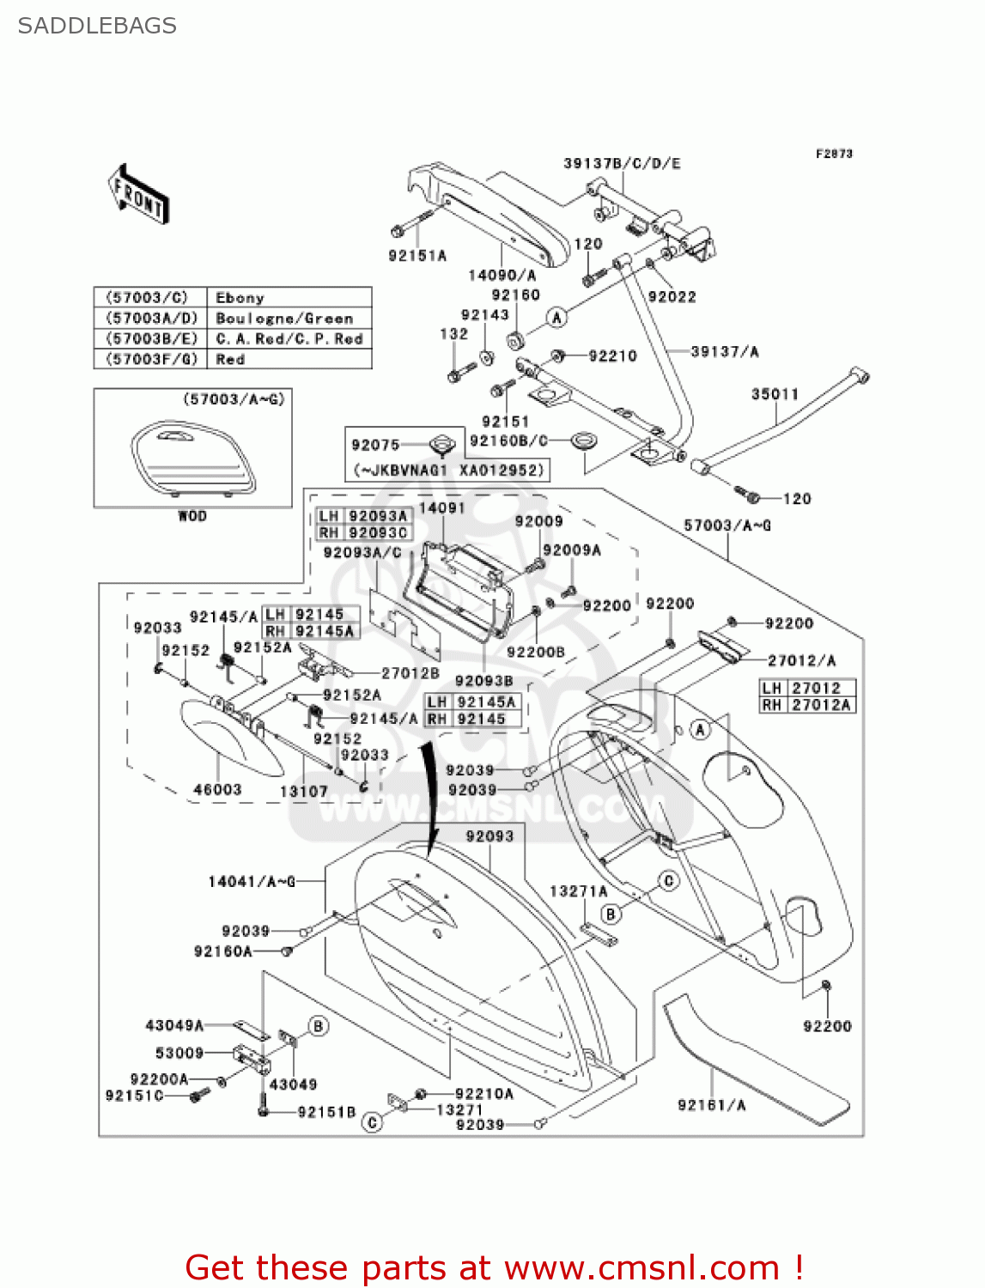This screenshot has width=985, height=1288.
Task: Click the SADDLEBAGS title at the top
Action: pyautogui.click(x=97, y=26)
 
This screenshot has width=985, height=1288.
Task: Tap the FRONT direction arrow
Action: pyautogui.click(x=138, y=195)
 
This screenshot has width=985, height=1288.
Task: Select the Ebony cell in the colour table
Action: pyautogui.click(x=240, y=298)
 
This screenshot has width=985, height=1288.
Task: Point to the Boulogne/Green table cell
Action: pyautogui.click(x=284, y=319)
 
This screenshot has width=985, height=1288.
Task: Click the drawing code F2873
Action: pyautogui.click(x=834, y=154)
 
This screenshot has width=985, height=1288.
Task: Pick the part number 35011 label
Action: pyautogui.click(x=775, y=394)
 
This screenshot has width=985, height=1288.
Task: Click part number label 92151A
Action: pyautogui.click(x=417, y=256)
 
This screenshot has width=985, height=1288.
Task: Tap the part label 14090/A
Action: pyautogui.click(x=502, y=276)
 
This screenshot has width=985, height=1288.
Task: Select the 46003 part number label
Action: pyautogui.click(x=217, y=790)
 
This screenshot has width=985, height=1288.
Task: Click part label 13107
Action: pyautogui.click(x=304, y=792)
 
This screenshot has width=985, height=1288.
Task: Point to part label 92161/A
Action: pyautogui.click(x=711, y=1105)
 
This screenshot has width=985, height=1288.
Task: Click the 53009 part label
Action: pyautogui.click(x=179, y=1053)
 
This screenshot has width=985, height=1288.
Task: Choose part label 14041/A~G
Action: pyautogui.click(x=252, y=882)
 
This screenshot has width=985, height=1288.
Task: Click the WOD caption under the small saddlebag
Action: pyautogui.click(x=192, y=516)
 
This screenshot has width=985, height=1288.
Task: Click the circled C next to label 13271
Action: pyautogui.click(x=372, y=1122)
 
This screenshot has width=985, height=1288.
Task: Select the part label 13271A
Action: pyautogui.click(x=579, y=892)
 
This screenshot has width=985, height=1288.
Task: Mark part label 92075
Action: pyautogui.click(x=375, y=445)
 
